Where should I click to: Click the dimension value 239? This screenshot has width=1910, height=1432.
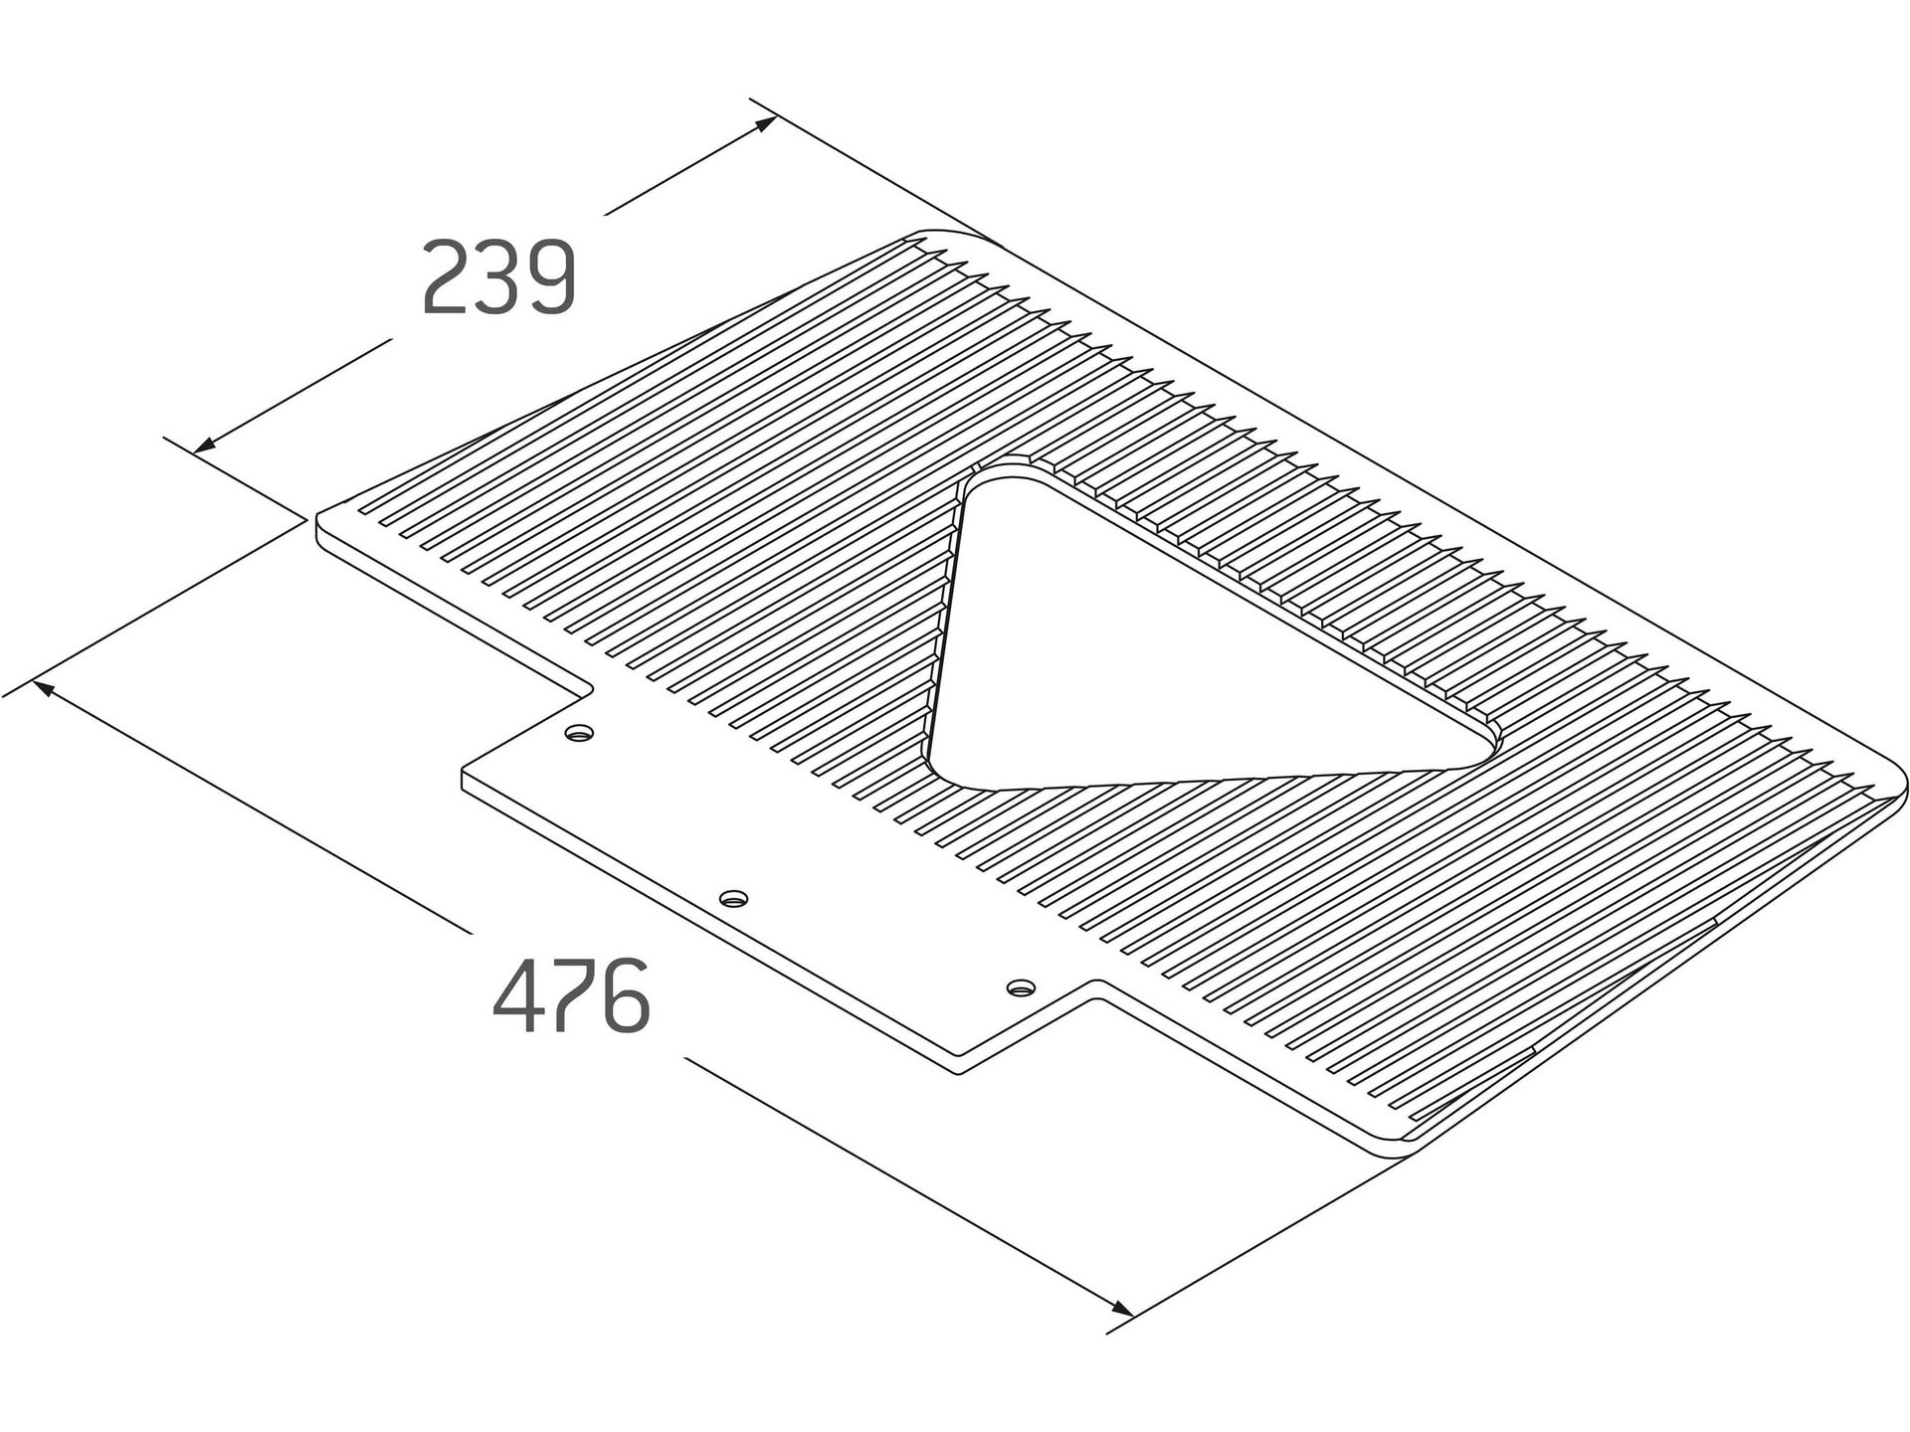point(499,277)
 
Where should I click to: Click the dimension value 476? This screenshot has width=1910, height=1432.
point(572,995)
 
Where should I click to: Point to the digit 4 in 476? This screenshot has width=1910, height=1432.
point(518,995)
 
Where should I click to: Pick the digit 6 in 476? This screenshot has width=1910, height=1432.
point(627,995)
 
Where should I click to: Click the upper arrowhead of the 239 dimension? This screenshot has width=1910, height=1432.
point(764,124)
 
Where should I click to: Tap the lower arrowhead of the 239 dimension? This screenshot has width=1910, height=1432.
point(205,446)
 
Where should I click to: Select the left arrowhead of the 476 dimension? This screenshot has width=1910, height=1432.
point(45,688)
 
